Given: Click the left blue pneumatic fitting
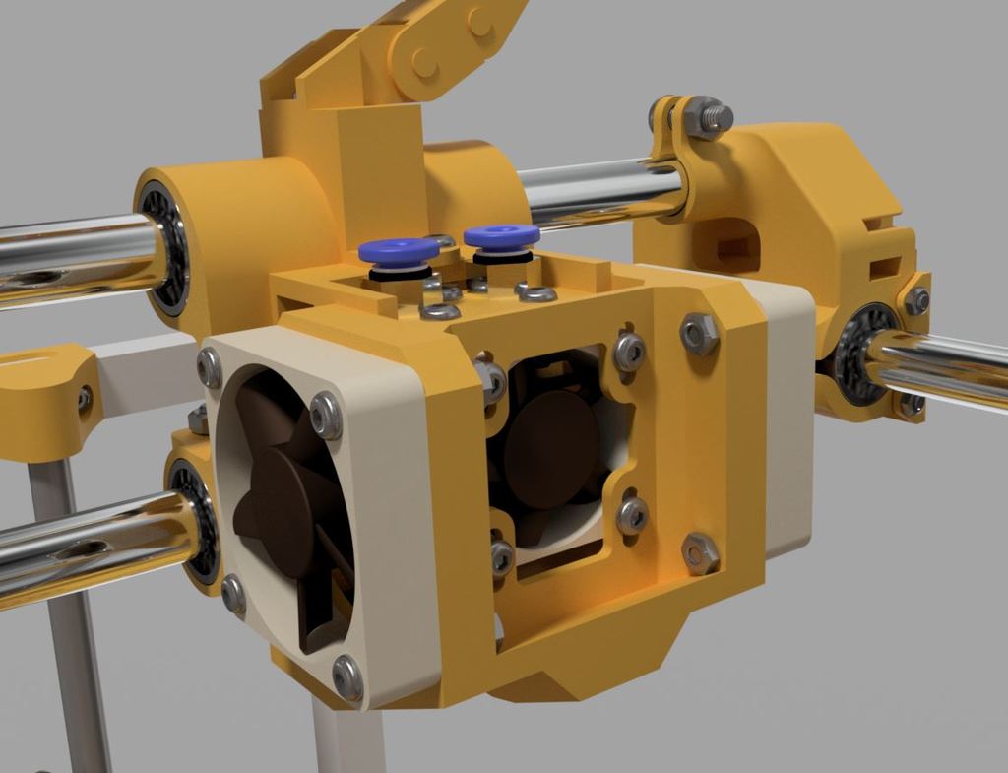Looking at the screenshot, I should coord(398,250).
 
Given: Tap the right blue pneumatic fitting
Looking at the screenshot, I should coord(501,236).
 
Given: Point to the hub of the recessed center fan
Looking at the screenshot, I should coord(550,449).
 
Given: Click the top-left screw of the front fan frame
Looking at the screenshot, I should coord(210,367).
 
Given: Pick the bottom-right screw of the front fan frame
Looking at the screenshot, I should coord(347,676).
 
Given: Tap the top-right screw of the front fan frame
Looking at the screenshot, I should coord(326,415).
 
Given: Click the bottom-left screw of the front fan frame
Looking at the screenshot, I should coord(233,593).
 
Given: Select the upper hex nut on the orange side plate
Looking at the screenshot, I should coord(699,335).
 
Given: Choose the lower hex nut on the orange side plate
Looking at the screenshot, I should coord(700,552).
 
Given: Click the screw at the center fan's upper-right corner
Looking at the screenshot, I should coord(629,351).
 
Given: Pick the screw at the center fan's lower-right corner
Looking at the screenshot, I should coord(632,514).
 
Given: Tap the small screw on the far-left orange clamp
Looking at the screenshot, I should coord(85,399).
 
